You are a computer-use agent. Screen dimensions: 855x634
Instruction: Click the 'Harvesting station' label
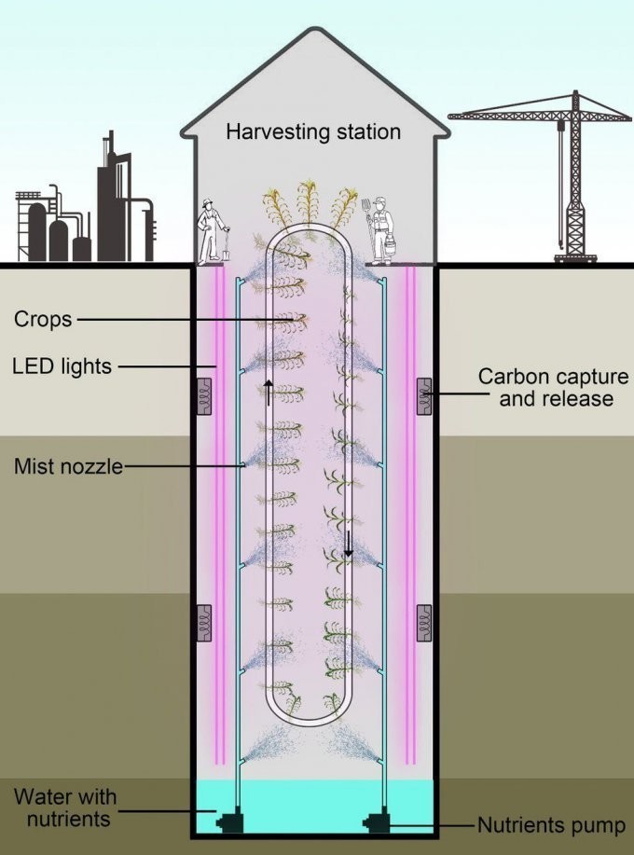(x=313, y=131)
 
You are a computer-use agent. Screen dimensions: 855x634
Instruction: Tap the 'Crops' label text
(x=42, y=319)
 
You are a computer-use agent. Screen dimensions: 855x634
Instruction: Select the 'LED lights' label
(x=62, y=366)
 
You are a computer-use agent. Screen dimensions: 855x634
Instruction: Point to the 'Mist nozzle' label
(x=68, y=465)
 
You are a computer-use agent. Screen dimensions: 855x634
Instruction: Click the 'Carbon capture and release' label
(x=553, y=387)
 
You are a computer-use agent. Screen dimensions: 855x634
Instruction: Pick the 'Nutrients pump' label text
(x=551, y=824)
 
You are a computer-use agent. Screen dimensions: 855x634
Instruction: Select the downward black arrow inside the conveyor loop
(x=348, y=543)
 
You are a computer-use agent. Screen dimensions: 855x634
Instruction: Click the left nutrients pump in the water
(x=227, y=822)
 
